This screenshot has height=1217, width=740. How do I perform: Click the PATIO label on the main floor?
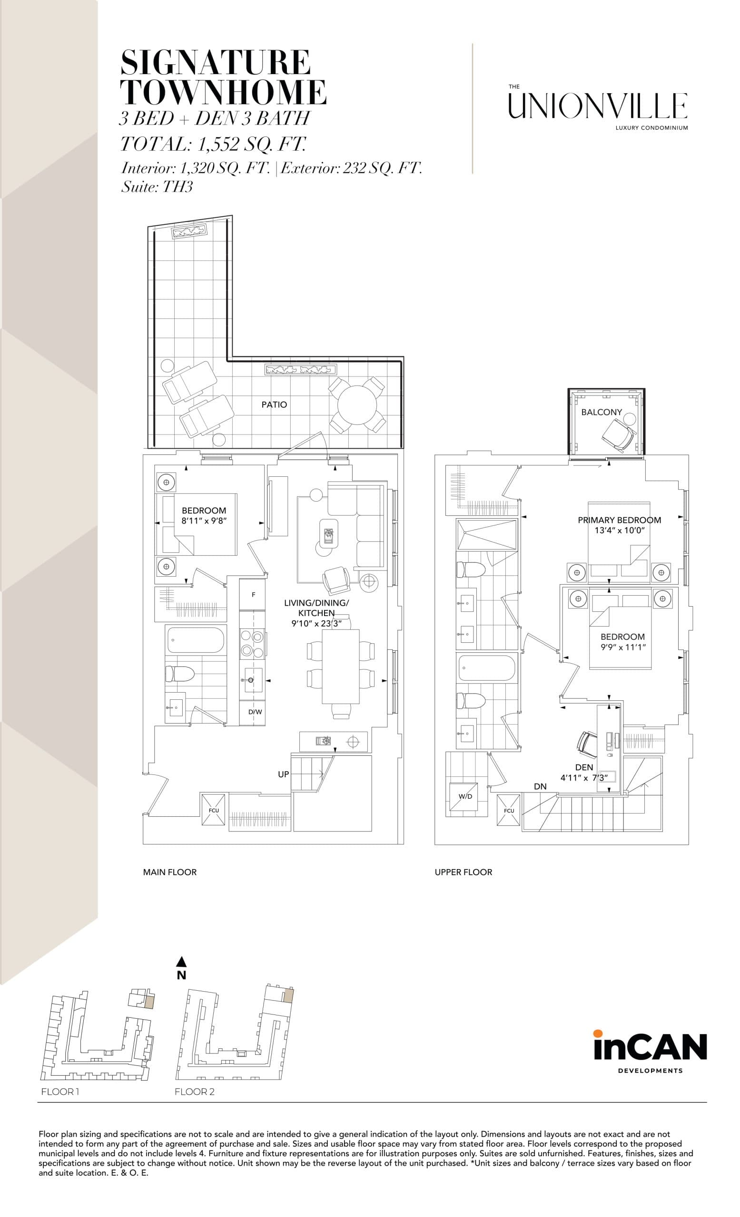tap(274, 405)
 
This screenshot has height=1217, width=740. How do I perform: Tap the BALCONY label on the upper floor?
tap(601, 412)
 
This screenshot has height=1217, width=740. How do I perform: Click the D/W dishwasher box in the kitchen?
tap(255, 712)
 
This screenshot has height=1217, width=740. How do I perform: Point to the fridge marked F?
tap(253, 595)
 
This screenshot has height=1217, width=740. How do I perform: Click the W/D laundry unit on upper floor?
tap(464, 797)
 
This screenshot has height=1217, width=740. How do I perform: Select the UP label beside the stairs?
tap(283, 774)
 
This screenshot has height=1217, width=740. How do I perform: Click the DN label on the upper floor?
tap(540, 786)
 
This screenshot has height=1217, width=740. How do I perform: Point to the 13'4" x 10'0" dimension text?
tap(621, 530)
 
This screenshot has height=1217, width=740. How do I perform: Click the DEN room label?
tap(584, 767)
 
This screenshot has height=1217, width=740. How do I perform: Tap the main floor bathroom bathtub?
tap(196, 641)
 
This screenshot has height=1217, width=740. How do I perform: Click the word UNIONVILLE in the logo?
tap(598, 106)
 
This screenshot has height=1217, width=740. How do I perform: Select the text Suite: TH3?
tap(157, 187)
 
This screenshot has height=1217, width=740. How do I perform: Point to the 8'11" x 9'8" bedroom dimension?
tap(204, 520)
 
